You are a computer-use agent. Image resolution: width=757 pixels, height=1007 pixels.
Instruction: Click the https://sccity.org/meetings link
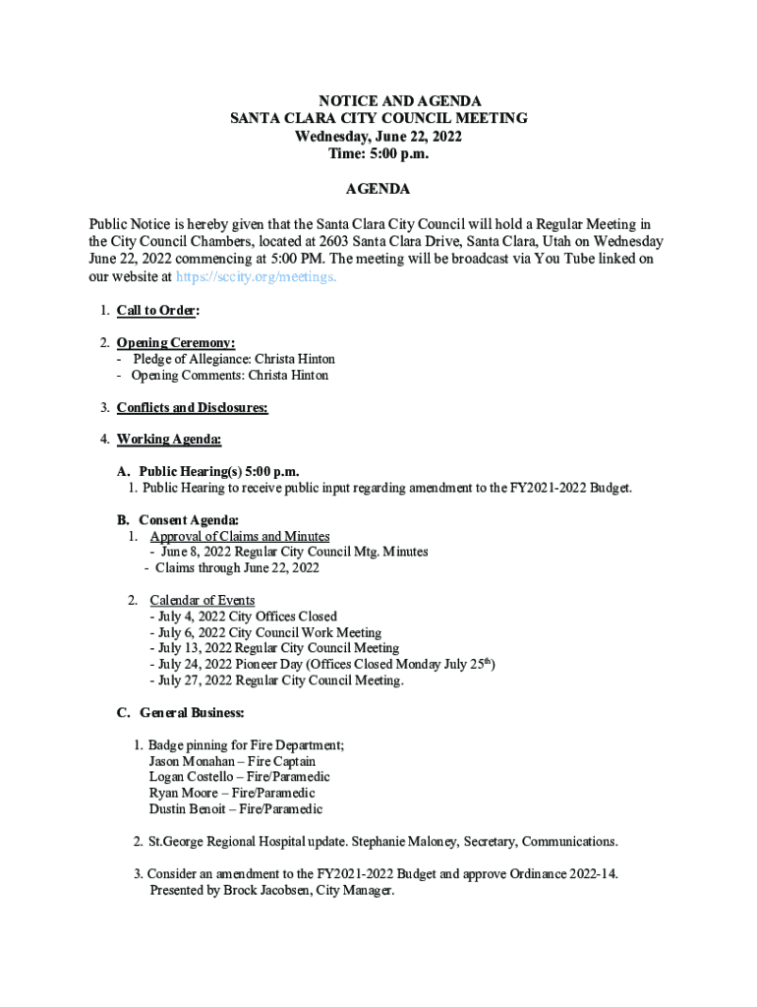pyautogui.click(x=256, y=277)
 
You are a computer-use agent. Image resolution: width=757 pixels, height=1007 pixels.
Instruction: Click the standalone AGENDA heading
pyautogui.click(x=378, y=189)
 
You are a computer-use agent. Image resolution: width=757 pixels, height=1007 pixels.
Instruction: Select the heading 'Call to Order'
pyautogui.click(x=157, y=311)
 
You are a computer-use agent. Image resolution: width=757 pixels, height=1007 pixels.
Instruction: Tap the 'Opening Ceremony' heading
pyautogui.click(x=175, y=343)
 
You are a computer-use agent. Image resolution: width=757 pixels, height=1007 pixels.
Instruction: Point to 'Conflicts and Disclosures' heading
pyautogui.click(x=192, y=407)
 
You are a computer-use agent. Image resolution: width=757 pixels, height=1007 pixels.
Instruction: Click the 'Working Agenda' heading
pyautogui.click(x=169, y=439)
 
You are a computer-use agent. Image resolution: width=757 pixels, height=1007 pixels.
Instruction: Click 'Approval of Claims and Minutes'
pyautogui.click(x=239, y=536)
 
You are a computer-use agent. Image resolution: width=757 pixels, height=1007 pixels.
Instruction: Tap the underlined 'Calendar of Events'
pyautogui.click(x=203, y=600)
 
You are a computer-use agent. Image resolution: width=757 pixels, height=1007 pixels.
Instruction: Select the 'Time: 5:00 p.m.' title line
pyautogui.click(x=378, y=153)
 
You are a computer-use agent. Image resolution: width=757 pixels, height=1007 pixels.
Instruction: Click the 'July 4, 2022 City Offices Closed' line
pyautogui.click(x=244, y=617)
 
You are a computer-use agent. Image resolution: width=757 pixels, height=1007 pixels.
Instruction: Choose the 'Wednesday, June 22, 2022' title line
pyautogui.click(x=378, y=136)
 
